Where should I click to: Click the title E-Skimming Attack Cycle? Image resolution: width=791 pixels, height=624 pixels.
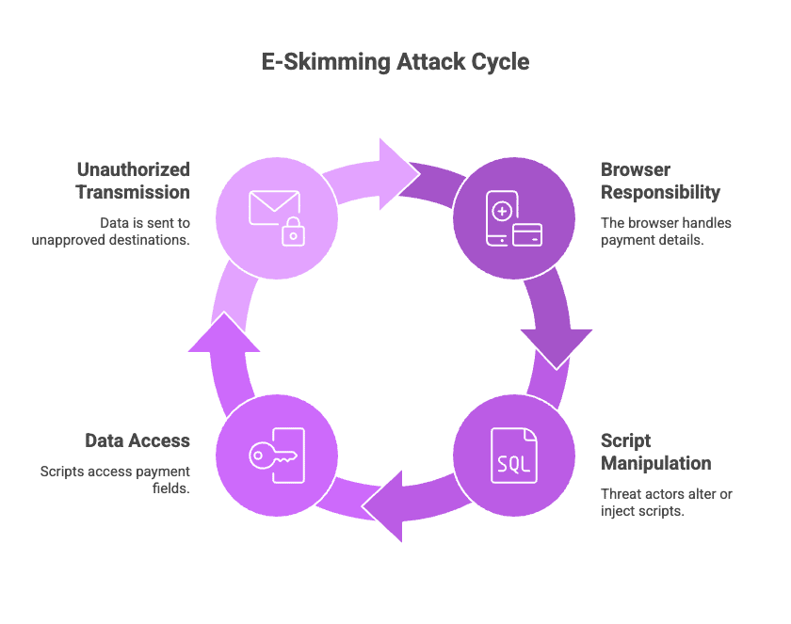pyautogui.click(x=395, y=63)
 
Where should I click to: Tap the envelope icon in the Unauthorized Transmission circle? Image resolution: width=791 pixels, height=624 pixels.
pyautogui.click(x=273, y=207)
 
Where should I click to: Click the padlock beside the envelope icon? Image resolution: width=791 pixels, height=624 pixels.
pyautogui.click(x=294, y=231)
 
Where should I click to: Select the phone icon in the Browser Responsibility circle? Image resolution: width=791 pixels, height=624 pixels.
pyautogui.click(x=499, y=216)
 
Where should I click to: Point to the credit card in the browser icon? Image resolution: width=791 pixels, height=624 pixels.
pyautogui.click(x=526, y=235)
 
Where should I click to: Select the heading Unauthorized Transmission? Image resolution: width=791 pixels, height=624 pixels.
pyautogui.click(x=133, y=181)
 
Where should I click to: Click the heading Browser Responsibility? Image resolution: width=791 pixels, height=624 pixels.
pyautogui.click(x=660, y=181)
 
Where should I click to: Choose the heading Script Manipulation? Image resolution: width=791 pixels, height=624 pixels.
pyautogui.click(x=655, y=452)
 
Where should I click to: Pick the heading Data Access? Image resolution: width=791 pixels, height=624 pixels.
pyautogui.click(x=137, y=440)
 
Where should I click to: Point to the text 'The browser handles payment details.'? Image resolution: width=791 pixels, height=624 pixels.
pyautogui.click(x=666, y=232)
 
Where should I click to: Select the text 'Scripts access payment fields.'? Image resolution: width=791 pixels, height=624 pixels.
pyautogui.click(x=115, y=479)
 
